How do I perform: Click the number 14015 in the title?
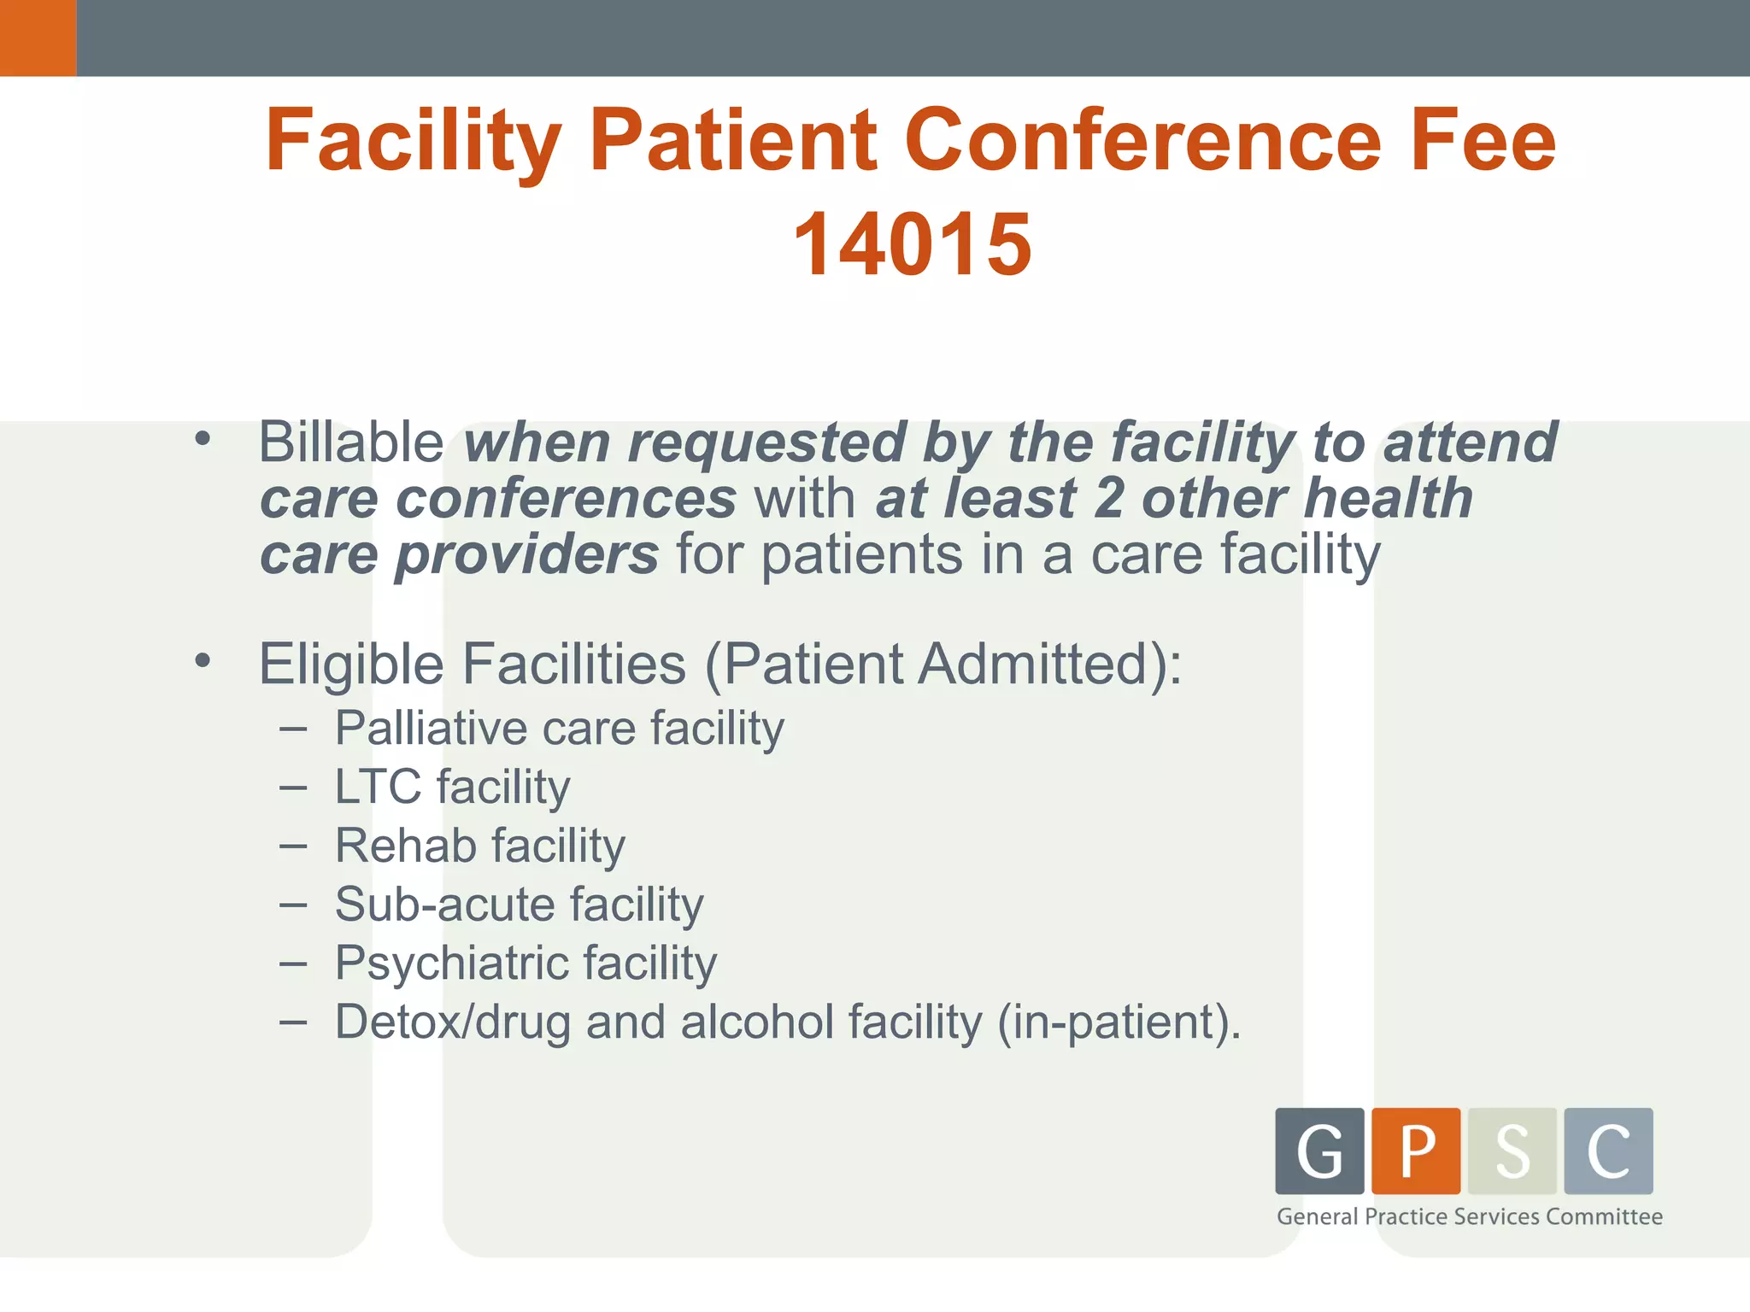pyautogui.click(x=913, y=245)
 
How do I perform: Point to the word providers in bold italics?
pyautogui.click(x=526, y=555)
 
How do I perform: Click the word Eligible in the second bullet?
pyautogui.click(x=351, y=664)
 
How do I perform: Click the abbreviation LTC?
pyautogui.click(x=378, y=787)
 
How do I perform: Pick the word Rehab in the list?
pyautogui.click(x=405, y=846)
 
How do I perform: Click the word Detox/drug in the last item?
pyautogui.click(x=452, y=1022)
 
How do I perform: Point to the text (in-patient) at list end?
pyautogui.click(x=1119, y=1022)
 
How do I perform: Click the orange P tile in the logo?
pyautogui.click(x=1416, y=1151)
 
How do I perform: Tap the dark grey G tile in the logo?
pyautogui.click(x=1319, y=1151)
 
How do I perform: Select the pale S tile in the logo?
pyautogui.click(x=1512, y=1151)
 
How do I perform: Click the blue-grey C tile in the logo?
pyautogui.click(x=1608, y=1151)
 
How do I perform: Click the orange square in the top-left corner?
pyautogui.click(x=38, y=38)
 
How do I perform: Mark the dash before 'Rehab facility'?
pyautogui.click(x=293, y=846)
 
